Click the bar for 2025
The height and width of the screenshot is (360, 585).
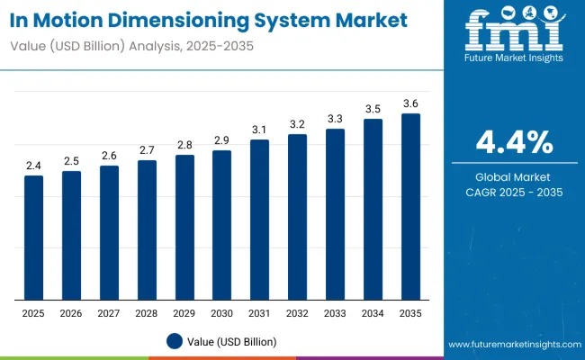33,238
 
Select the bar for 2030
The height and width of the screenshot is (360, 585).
221,225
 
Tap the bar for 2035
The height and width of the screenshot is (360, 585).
410,207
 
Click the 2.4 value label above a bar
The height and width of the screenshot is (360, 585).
33,166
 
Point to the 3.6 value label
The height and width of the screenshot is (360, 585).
410,103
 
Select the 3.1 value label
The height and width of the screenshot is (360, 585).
259,130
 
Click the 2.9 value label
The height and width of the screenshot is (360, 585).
221,140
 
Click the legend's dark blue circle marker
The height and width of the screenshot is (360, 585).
174,341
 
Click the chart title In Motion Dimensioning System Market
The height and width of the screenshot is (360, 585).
209,18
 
